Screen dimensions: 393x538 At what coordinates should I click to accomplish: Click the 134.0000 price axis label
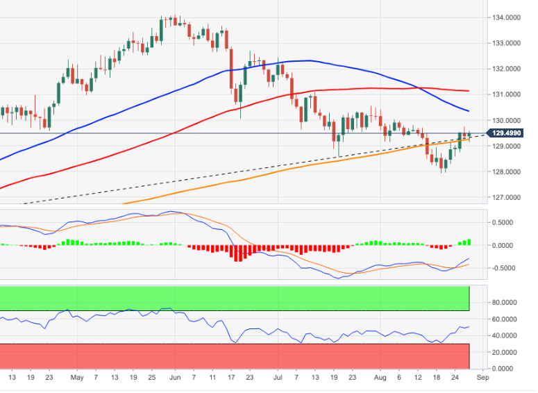coord(508,17)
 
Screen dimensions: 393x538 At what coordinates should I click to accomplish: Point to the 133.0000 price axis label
coord(508,43)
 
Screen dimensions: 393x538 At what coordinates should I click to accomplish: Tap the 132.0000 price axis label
coord(508,69)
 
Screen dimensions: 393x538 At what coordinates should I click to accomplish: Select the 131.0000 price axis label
coord(508,94)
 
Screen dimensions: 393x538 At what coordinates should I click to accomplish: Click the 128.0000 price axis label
coord(508,172)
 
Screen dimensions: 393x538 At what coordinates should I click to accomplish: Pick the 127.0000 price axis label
coord(508,197)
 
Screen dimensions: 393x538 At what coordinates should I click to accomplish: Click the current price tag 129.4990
coord(508,133)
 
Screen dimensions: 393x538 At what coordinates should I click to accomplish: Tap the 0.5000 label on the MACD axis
coord(510,222)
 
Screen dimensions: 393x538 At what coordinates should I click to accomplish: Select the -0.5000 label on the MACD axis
coord(509,268)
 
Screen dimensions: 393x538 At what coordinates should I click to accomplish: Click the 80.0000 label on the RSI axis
coord(510,303)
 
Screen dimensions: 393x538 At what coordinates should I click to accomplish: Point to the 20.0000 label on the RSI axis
coord(510,352)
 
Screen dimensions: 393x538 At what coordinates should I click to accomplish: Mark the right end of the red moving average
coord(469,91)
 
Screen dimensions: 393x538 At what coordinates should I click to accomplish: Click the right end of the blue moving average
coord(469,111)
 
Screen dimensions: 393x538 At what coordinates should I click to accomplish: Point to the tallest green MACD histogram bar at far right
coord(469,242)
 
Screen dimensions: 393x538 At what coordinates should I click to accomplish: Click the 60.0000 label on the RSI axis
coord(510,319)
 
